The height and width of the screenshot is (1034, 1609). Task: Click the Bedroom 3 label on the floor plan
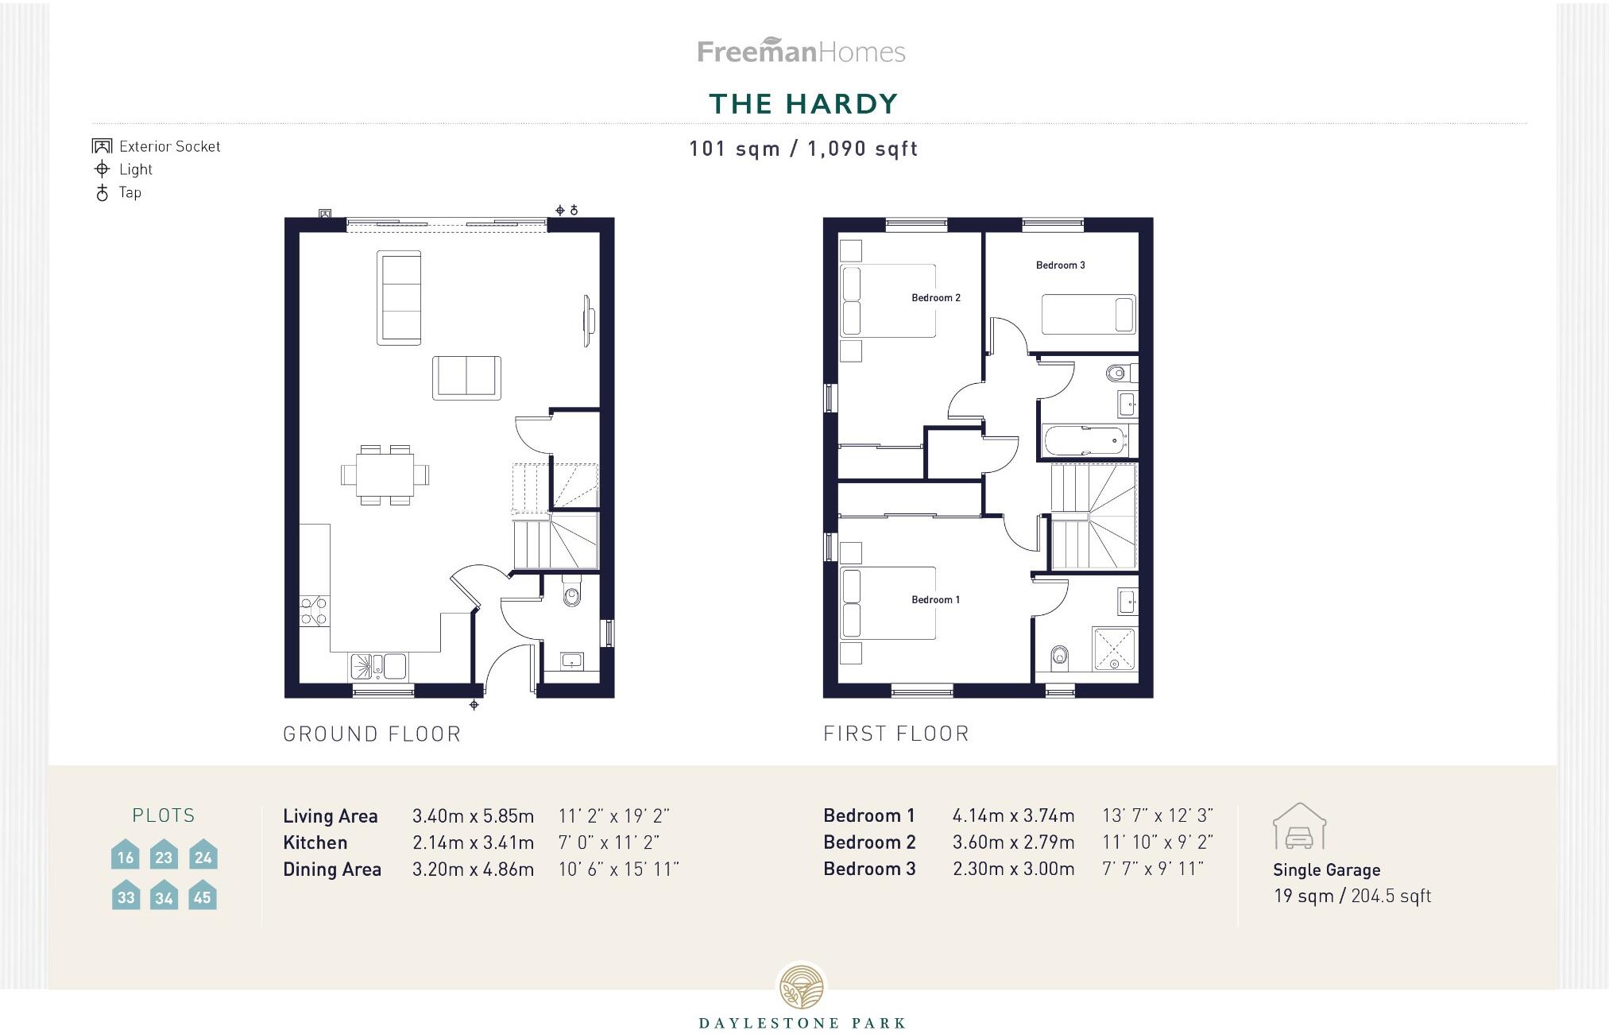click(x=1060, y=265)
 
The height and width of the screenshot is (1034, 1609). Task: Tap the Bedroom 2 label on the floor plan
click(x=935, y=298)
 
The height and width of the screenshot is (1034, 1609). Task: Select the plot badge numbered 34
click(x=164, y=896)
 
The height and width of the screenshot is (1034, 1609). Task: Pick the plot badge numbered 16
click(x=125, y=855)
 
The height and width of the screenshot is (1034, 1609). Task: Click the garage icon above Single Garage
click(x=1299, y=827)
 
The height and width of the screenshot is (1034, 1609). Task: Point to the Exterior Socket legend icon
click(x=102, y=146)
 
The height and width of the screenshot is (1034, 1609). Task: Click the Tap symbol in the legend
click(x=102, y=192)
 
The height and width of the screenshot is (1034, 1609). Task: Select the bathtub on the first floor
click(x=1085, y=440)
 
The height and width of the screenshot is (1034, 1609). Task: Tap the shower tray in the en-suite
click(x=1115, y=648)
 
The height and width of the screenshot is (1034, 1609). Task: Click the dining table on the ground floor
click(x=385, y=474)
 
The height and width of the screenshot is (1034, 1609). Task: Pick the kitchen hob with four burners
click(x=314, y=610)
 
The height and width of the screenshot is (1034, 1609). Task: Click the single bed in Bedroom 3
click(x=1088, y=314)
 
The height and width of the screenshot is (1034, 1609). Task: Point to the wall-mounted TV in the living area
click(x=589, y=320)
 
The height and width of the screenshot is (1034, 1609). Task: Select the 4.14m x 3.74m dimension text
click(x=1013, y=815)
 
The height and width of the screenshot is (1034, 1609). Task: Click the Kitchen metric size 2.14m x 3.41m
click(x=473, y=842)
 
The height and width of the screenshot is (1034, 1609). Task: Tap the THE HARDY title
click(x=803, y=104)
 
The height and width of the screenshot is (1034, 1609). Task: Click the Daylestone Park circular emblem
click(x=802, y=987)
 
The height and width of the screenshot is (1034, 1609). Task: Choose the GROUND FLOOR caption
click(x=372, y=734)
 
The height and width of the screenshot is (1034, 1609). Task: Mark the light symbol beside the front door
click(x=474, y=705)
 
